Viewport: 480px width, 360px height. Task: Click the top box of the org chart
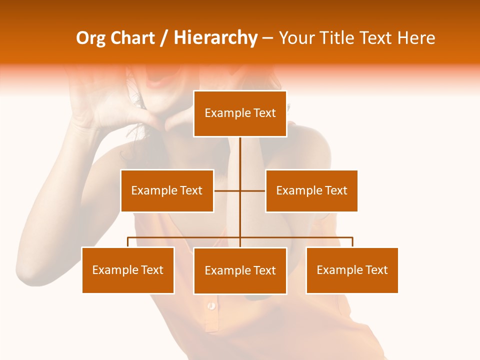240,113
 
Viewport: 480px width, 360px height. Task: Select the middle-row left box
167,190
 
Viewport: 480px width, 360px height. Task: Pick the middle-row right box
311,190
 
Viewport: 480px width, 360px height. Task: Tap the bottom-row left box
128,270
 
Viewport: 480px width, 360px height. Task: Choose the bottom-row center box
240,270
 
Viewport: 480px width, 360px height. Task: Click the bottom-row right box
352,270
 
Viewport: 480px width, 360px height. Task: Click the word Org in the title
90,38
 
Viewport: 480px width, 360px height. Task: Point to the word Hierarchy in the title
215,38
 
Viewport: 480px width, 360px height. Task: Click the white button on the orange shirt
212,305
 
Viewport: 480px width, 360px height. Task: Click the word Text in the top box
264,113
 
